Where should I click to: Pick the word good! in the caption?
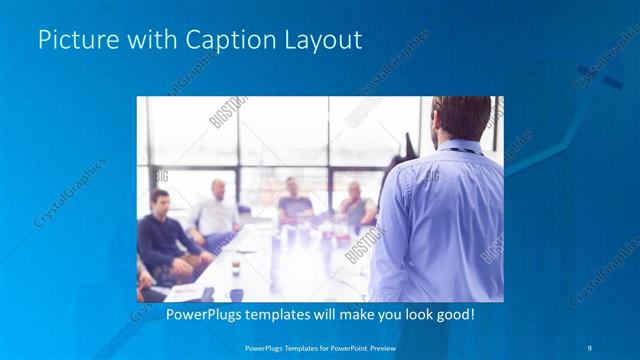pos(451,314)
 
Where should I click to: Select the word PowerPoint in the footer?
pos(339,347)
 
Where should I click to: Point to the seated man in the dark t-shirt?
pos(294,200)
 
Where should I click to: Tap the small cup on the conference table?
pos(235,266)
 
